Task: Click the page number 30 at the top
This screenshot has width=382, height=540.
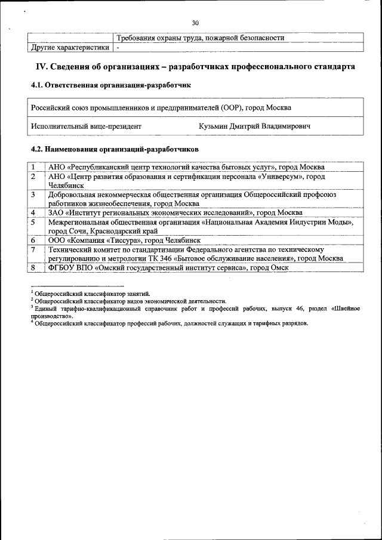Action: pos(195,23)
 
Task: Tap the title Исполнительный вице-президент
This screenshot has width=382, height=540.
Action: pos(86,126)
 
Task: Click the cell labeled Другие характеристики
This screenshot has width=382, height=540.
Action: pos(70,47)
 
